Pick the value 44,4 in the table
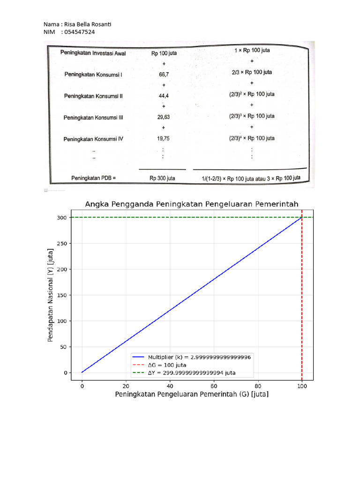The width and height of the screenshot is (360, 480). point(164,96)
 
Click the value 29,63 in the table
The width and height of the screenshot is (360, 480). point(164,118)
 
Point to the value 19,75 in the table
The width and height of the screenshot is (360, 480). point(164,138)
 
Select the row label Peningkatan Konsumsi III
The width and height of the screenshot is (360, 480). point(93,118)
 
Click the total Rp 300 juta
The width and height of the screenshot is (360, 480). point(162,178)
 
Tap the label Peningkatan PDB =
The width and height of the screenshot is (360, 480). point(93,178)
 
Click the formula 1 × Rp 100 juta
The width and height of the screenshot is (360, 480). point(252,50)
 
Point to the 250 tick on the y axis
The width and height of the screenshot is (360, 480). point(62,243)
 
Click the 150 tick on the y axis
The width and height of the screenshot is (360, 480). point(62,295)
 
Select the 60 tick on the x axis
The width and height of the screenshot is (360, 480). point(214,386)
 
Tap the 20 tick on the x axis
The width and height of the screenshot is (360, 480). point(126,386)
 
